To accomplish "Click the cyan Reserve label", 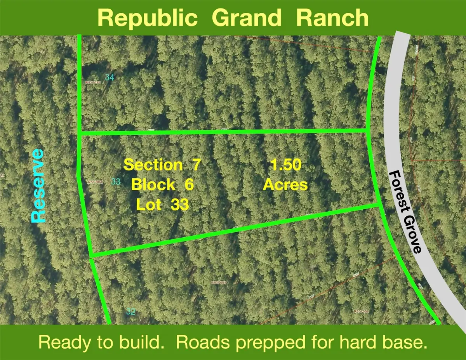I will tap(38, 186).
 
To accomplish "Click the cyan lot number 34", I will tap(110, 78).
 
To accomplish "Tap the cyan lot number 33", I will tap(115, 181).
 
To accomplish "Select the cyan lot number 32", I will tap(131, 311).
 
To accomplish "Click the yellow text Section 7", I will tap(162, 165).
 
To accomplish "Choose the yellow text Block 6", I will tap(162, 184).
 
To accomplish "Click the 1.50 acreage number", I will tap(285, 165).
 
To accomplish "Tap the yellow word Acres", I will tap(285, 185).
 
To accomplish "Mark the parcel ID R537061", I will tap(94, 83).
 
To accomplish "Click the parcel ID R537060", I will tap(96, 181).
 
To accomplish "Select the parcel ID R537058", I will tap(361, 311).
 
